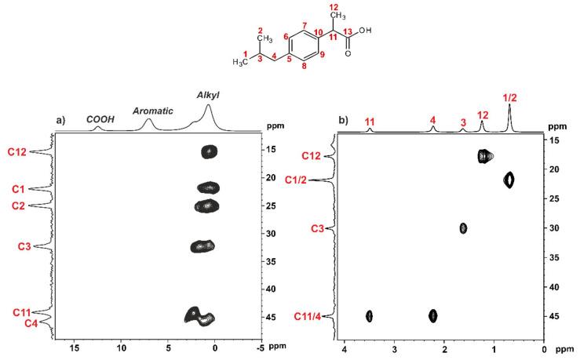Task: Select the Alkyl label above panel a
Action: (x=208, y=95)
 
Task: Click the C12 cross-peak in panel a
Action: (x=209, y=151)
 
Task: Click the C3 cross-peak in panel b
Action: (x=463, y=228)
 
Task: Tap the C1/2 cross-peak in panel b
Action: (x=509, y=180)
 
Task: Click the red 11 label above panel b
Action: (x=370, y=121)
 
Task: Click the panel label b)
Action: (x=343, y=122)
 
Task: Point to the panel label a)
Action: (x=61, y=122)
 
